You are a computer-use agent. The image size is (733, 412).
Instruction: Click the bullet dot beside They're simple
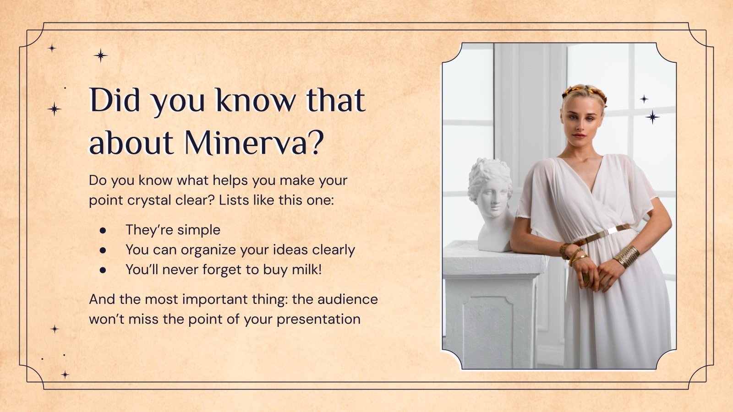[103, 230]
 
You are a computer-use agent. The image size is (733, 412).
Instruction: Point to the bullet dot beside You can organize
[103, 250]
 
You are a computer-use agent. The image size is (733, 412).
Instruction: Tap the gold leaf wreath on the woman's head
[585, 92]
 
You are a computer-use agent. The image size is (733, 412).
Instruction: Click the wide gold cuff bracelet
[626, 256]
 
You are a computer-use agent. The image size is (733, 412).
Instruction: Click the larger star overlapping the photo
[652, 117]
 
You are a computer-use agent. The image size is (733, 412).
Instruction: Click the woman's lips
[579, 136]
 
